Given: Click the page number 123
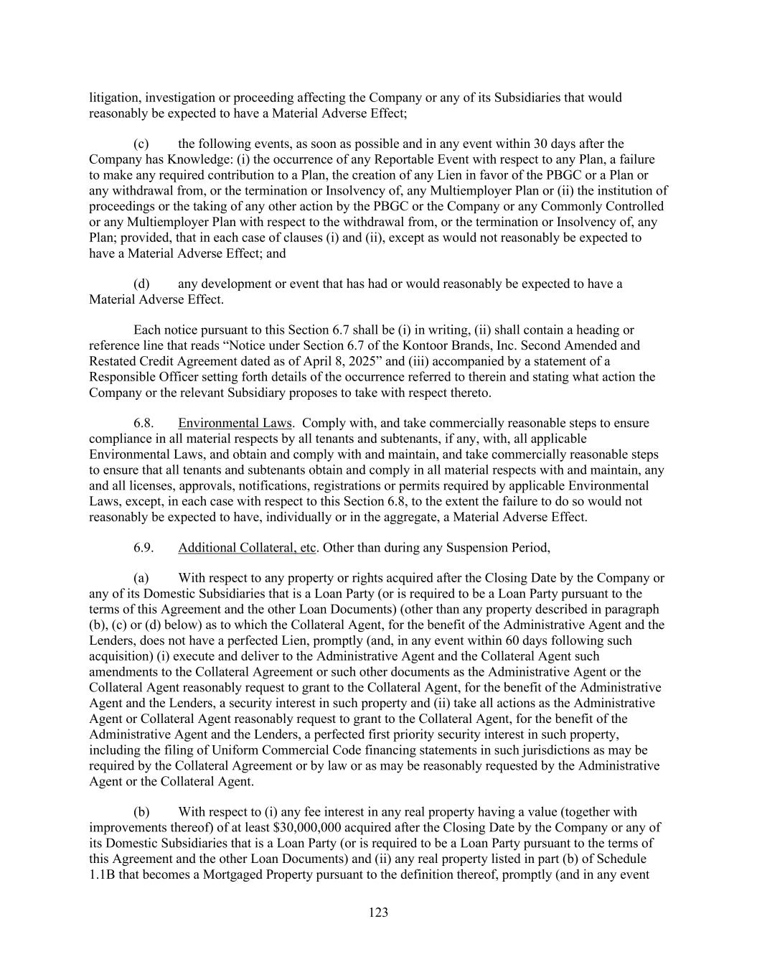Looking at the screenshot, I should tap(378, 913).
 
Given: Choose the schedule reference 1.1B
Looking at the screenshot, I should tap(100, 874).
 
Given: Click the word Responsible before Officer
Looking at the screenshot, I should tap(126, 377).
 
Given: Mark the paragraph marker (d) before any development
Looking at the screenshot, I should tap(141, 284).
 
